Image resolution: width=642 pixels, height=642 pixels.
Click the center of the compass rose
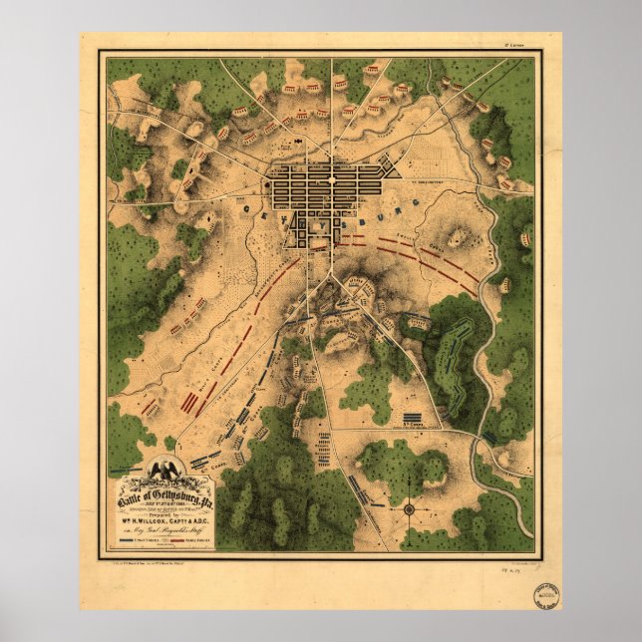click(408, 509)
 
